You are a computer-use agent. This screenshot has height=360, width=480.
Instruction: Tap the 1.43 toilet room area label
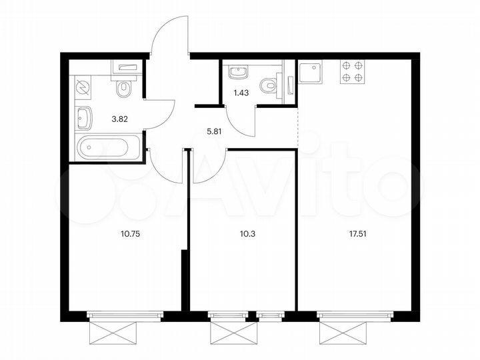point(241,93)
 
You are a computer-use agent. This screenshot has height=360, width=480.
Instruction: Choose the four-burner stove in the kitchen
point(352,71)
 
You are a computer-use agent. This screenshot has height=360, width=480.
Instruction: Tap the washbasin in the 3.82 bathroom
point(85,119)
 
